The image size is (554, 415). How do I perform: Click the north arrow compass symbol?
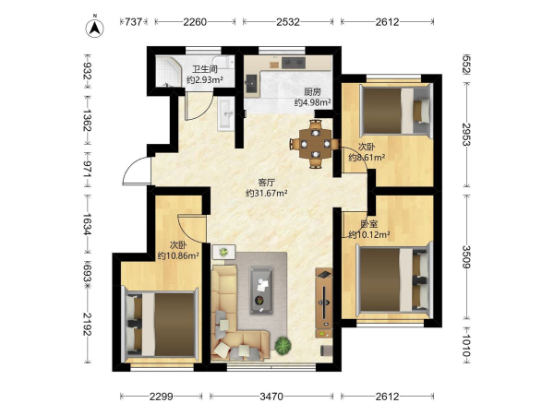94,27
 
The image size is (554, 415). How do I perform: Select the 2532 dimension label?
287,22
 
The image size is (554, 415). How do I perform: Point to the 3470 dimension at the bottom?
271,397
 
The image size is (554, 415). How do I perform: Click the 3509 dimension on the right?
466,256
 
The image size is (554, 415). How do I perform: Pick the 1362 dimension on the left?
88,120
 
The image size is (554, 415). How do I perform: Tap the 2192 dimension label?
88,324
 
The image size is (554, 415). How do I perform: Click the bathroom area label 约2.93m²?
205,80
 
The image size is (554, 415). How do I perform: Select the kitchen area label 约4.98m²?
313,102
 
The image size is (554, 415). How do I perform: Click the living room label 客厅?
267,183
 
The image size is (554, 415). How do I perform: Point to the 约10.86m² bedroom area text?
178,255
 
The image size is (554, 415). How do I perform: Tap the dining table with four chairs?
315,144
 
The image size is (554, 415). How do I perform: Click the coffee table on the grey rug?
261,290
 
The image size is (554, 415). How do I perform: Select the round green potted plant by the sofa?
283,346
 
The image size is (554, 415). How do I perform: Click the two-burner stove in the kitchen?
294,63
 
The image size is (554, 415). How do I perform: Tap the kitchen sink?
251,84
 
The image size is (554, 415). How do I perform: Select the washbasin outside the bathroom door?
225,113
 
